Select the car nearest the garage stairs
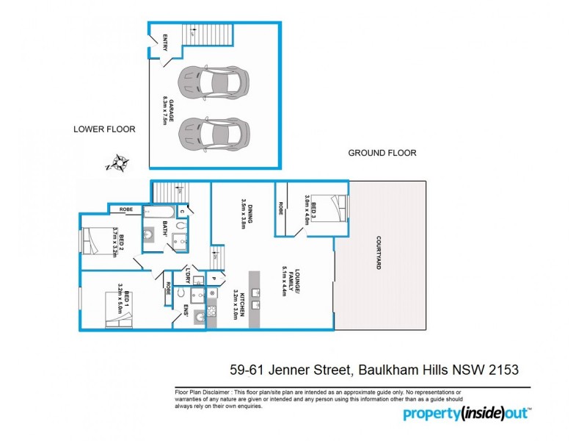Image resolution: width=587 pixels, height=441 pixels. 214,82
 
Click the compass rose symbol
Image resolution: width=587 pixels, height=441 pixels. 118,162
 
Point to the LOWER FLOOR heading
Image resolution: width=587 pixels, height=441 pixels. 104,129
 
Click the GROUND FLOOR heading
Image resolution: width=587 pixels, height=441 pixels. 382,153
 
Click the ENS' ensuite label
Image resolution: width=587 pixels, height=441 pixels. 186,312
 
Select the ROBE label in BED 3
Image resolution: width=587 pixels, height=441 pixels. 281,209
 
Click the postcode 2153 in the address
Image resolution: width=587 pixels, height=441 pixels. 505,366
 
